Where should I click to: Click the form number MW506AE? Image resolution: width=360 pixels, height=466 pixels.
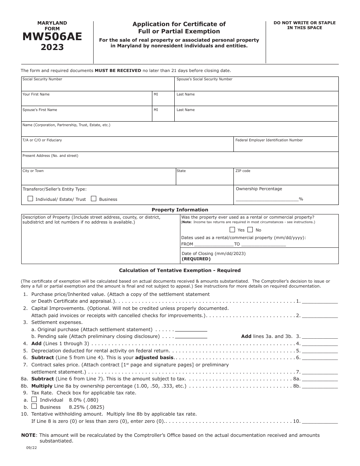coord(52,37)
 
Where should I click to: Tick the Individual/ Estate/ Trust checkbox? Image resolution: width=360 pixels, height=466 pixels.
coord(30,199)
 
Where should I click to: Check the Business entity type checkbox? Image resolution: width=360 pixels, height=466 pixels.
coord(94,199)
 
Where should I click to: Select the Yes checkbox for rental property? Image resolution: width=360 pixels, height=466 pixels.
coord(232,230)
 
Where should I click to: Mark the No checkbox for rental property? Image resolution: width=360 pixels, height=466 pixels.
coord(250,230)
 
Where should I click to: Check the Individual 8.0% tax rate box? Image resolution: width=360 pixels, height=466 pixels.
coord(34,399)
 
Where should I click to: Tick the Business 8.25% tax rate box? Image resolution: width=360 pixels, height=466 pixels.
coord(34,407)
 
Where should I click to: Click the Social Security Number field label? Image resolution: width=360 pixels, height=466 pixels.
coord(42,79)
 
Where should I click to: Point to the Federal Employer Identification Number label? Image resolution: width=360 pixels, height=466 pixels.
coord(269,140)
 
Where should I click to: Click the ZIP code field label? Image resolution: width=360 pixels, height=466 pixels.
coord(243,171)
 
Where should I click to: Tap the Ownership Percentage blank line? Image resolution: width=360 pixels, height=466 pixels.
coord(267,199)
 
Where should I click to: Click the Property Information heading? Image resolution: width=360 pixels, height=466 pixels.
coord(180,210)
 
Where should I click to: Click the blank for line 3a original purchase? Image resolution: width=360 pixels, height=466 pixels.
coord(191,330)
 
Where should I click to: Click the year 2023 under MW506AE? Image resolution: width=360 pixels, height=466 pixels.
coord(52,48)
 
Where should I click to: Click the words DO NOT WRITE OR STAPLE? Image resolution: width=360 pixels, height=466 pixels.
coord(304,23)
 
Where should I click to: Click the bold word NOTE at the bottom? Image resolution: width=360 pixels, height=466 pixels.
coord(28,435)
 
